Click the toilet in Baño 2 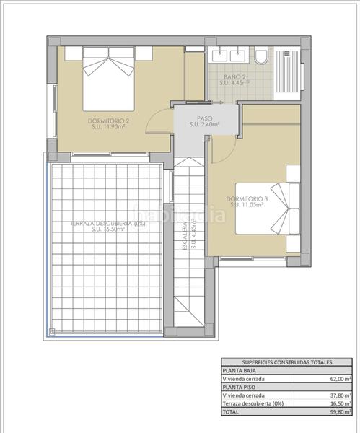[x=261, y=56]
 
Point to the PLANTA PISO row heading [x=240, y=387]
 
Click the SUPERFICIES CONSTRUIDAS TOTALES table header [x=286, y=362]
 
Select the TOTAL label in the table [x=232, y=411]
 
